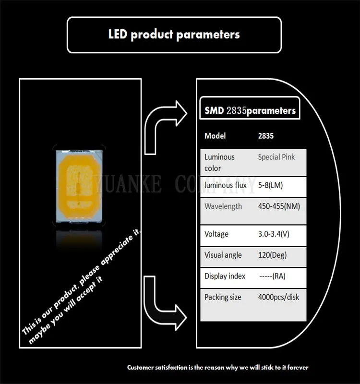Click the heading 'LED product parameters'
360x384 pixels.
[x=173, y=35]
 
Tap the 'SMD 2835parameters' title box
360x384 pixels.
[x=248, y=110]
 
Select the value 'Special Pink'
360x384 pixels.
[x=276, y=157]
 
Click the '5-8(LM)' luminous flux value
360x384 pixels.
[x=271, y=185]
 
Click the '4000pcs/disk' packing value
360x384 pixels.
[x=278, y=297]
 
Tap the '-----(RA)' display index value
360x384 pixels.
[x=273, y=276]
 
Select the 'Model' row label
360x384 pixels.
[x=215, y=136]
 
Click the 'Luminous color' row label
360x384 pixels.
[x=219, y=162]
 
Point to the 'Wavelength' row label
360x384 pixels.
[x=223, y=206]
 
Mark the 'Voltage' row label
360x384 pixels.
[x=216, y=234]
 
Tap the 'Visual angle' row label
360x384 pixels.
[x=223, y=255]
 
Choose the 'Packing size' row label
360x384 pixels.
[x=223, y=297]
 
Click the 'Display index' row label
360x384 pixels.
[x=225, y=276]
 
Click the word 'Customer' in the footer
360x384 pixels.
[x=142, y=367]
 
